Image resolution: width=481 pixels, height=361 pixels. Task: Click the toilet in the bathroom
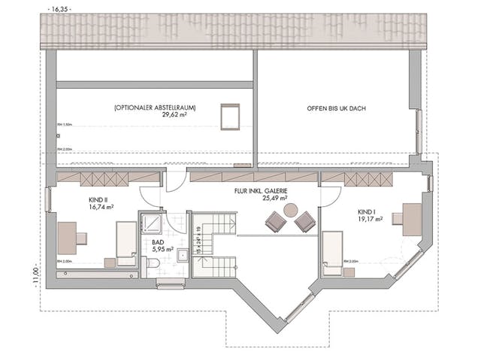click(153, 263)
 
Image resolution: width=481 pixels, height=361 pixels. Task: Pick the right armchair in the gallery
click(304, 221)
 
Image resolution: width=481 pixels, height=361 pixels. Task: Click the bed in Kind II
click(125, 241)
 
